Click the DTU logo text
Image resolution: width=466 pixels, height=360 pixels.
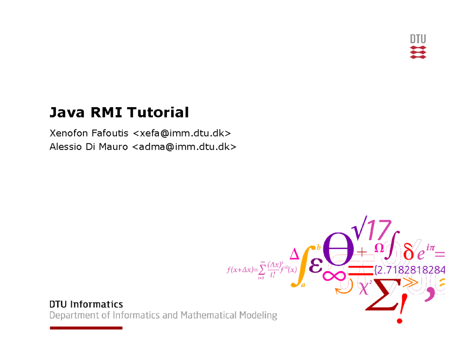click(418, 39)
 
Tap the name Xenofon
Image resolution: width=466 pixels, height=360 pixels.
click(69, 134)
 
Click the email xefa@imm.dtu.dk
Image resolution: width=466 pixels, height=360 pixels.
click(182, 134)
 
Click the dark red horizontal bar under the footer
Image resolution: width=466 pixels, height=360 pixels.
click(86, 328)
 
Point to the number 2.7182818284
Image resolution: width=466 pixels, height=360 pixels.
click(411, 270)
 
